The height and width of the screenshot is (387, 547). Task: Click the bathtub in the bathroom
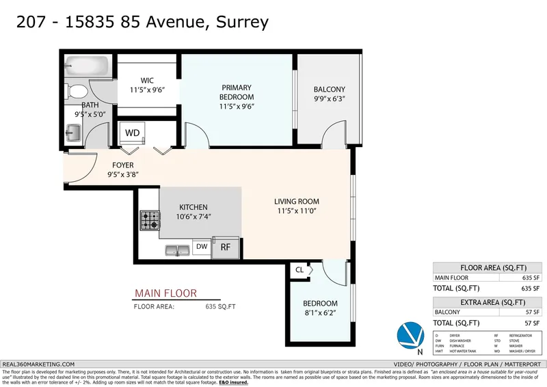[x=87, y=67]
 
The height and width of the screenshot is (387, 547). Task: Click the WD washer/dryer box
[x=132, y=132]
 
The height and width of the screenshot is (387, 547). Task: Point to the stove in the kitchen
[x=150, y=221]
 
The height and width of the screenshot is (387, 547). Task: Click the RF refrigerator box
[x=225, y=247]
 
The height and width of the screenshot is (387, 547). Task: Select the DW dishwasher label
[x=202, y=246]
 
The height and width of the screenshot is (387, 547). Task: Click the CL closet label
[x=299, y=270]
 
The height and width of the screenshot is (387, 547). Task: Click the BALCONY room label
[x=329, y=90]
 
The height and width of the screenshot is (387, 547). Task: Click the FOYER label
[x=123, y=165]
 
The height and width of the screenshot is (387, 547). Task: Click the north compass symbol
[x=410, y=334]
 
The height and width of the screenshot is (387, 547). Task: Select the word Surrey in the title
[x=242, y=21]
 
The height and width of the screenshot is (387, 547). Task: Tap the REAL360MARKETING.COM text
[x=39, y=364]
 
